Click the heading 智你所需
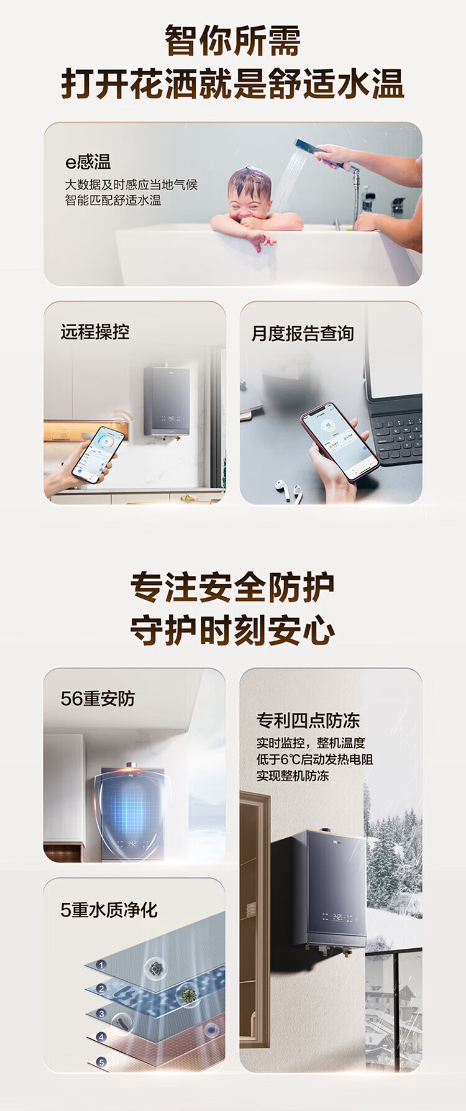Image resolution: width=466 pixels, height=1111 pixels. (x=232, y=41)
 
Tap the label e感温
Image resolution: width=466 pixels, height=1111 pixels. (x=88, y=162)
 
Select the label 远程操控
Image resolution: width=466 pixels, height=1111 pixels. (x=95, y=332)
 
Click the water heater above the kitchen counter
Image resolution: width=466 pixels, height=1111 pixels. (x=167, y=400)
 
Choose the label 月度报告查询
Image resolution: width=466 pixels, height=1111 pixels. (x=303, y=334)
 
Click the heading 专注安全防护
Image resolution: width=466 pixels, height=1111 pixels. (x=232, y=587)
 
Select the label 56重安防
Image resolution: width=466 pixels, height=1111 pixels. (x=98, y=698)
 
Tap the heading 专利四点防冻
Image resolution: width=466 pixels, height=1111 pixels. (x=308, y=720)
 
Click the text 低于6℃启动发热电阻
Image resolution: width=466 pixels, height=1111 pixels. (x=314, y=759)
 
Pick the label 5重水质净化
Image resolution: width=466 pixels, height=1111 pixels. (x=109, y=910)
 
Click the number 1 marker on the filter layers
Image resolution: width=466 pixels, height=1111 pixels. (x=101, y=965)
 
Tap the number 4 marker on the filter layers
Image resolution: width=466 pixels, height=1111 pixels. (x=101, y=1037)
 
